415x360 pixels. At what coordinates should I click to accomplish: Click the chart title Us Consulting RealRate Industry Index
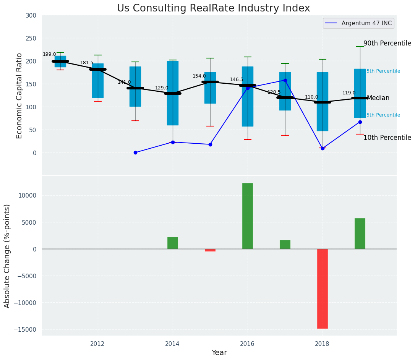click(213, 8)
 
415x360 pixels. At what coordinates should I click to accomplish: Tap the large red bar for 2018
click(323, 289)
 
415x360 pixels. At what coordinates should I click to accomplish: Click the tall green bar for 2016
click(248, 216)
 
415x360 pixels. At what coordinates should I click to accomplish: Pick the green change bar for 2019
click(360, 234)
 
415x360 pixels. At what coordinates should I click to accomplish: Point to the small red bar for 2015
click(210, 250)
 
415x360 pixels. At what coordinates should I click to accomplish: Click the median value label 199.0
click(49, 55)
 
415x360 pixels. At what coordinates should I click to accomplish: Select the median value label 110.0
click(311, 97)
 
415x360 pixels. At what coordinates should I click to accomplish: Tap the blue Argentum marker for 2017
click(285, 81)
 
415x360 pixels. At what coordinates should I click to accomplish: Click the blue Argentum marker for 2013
click(135, 152)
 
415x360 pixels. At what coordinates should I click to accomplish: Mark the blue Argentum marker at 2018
click(323, 148)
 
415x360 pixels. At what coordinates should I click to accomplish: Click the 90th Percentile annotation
click(387, 44)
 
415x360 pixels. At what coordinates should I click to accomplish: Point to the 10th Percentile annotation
click(387, 138)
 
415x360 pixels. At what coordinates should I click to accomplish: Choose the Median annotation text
click(378, 98)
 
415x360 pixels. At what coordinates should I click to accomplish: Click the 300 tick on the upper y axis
click(31, 16)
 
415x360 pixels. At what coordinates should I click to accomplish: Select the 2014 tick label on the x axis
click(173, 344)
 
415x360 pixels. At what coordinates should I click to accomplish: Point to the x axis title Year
click(219, 353)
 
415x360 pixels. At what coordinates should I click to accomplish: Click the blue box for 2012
click(98, 81)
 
